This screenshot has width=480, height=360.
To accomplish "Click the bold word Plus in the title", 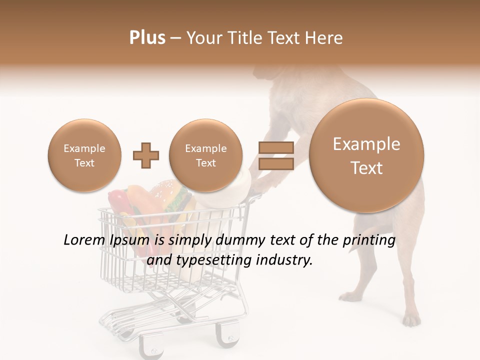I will point(147,38).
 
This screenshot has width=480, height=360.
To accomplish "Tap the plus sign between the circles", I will point(146,155).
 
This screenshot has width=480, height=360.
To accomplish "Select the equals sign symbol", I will point(275,155).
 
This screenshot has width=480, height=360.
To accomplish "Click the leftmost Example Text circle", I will point(84,155).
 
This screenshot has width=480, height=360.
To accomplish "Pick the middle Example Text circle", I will point(205,155).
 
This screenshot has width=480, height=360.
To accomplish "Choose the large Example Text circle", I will point(366,155).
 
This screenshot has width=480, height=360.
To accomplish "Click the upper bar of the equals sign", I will point(275,148).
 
